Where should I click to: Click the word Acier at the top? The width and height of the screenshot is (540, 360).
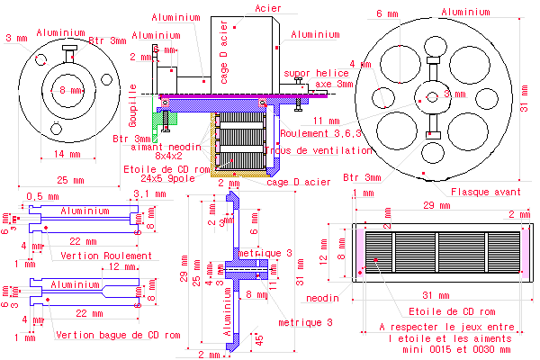coord(268,8)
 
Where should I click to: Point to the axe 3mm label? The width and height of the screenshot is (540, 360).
coord(335,84)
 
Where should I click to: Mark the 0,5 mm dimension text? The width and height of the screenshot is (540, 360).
coord(37,195)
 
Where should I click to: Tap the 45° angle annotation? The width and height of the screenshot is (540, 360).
coord(259,340)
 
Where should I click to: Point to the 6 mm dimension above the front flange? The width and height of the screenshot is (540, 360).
coord(387,13)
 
